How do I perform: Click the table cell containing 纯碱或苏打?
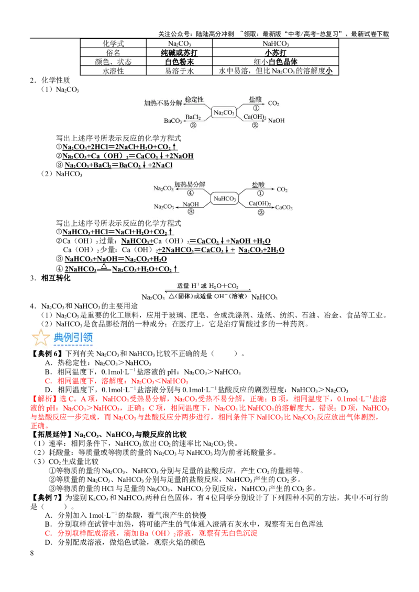179,52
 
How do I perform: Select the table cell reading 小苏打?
275,52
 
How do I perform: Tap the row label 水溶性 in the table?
113,71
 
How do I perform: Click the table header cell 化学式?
113,44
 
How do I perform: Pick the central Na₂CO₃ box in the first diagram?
224,112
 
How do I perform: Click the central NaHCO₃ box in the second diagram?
225,199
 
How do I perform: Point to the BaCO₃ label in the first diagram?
173,121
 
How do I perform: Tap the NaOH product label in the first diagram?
276,121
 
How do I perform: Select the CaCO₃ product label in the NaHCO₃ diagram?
284,207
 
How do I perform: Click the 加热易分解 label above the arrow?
190,185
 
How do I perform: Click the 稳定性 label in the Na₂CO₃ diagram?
194,100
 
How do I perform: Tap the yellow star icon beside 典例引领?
40,337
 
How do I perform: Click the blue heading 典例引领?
73,337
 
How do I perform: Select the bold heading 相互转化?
56,278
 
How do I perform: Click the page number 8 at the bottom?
32,553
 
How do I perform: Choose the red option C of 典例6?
116,381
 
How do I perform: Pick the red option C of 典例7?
151,533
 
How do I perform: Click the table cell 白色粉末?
179,62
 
